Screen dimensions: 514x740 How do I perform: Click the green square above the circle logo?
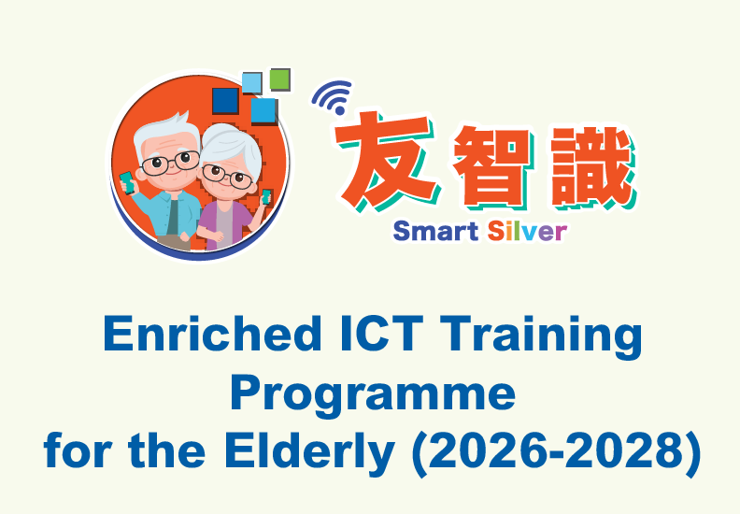pyautogui.click(x=279, y=79)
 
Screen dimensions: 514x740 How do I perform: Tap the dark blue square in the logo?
pyautogui.click(x=225, y=100)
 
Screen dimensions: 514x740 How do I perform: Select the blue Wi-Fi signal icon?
pyautogui.click(x=332, y=95)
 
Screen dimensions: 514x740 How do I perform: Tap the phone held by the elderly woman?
pyautogui.click(x=267, y=197)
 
